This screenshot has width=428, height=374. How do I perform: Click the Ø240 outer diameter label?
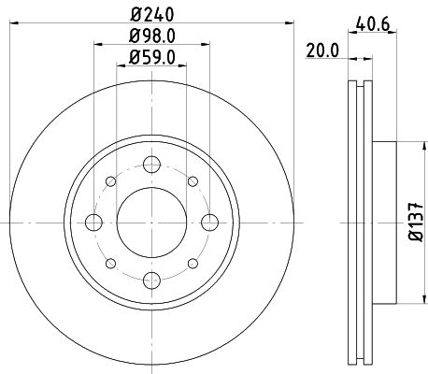click(151, 15)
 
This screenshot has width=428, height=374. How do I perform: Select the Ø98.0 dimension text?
click(151, 38)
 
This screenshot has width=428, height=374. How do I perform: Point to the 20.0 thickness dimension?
click(321, 53)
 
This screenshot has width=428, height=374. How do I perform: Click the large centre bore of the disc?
click(150, 222)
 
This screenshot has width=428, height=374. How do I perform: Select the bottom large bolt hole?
click(150, 280)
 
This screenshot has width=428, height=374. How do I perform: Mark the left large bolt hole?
click(93, 222)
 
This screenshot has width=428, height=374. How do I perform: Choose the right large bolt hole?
click(207, 222)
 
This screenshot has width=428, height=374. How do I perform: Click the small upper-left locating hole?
click(111, 181)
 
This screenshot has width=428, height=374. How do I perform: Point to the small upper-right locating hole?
click(190, 181)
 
